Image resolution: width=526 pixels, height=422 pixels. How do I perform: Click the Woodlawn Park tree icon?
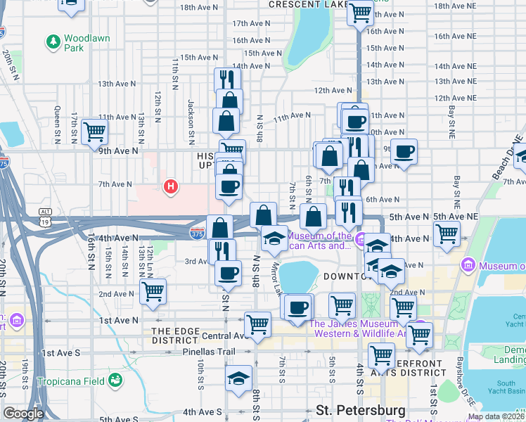[x=53, y=43]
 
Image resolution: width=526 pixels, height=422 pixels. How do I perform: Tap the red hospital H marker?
[x=169, y=187]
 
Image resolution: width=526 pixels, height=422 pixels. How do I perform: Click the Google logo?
[x=23, y=414]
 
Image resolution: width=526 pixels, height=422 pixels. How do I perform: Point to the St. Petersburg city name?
[x=360, y=410]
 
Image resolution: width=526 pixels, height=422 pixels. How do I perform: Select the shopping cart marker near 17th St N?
[x=94, y=131]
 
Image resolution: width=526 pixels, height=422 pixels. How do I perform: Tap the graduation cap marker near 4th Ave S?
[x=239, y=378]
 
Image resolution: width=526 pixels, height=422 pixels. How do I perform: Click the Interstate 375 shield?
[x=198, y=231]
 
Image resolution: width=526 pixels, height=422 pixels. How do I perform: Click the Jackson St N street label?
[x=191, y=113]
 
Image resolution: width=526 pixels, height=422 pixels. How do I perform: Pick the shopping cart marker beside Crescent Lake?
[x=360, y=11]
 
